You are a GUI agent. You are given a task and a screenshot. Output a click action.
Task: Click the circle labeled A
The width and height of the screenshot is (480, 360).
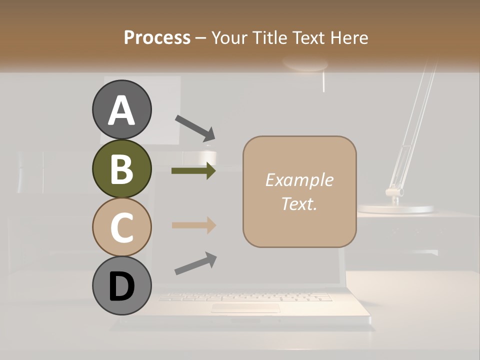pos(121,110)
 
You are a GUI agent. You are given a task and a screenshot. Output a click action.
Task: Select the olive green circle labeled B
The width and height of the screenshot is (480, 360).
pos(121,168)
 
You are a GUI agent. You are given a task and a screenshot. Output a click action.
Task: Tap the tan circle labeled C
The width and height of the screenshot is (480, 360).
pos(121,226)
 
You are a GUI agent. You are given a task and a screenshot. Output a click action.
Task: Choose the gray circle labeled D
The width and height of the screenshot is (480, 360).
pos(121,285)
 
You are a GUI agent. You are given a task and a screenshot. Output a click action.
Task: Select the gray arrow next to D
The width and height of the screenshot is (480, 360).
pos(195,263)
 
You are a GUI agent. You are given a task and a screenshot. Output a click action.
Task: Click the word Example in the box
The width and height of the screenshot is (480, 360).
pos(299,180)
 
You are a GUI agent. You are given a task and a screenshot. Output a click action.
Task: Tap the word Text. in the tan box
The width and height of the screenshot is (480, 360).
pos(299,203)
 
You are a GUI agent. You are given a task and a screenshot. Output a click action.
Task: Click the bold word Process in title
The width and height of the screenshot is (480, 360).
pos(157,37)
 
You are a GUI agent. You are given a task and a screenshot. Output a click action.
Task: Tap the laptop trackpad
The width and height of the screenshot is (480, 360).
pos(245,308)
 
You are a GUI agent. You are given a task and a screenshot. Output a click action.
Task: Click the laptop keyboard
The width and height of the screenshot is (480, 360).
pos(245,297)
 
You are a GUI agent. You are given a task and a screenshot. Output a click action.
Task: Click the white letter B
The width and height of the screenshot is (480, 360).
pos(121,168)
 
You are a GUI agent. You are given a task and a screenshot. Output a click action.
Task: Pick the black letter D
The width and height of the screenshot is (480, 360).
pos(121,286)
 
